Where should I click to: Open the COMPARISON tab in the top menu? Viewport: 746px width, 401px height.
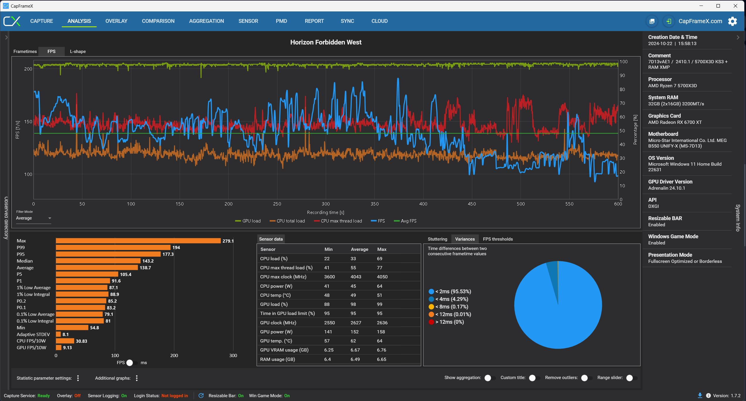coord(158,21)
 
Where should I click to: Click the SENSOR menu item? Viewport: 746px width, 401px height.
coord(248,21)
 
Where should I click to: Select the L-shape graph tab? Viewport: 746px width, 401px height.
coord(78,52)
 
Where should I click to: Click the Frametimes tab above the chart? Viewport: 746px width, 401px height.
coord(25,52)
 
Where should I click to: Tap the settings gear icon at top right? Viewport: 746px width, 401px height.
coord(733,21)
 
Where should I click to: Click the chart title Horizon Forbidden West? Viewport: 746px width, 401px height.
coord(326,42)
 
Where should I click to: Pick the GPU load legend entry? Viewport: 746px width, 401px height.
coord(248,221)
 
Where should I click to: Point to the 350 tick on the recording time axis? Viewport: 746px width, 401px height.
coord(374,204)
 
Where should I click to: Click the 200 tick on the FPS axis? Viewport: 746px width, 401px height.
coord(28,69)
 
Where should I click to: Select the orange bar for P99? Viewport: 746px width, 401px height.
coord(113,248)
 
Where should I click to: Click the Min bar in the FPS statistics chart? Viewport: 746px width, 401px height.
coord(72,328)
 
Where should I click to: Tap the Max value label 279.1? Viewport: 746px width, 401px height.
coord(228,241)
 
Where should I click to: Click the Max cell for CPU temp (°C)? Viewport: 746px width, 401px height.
coord(380,295)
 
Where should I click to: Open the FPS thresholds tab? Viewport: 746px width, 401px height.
coord(498,239)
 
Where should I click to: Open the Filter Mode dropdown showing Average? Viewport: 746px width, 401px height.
coord(33,218)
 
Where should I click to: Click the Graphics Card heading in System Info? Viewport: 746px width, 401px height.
coord(664,116)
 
